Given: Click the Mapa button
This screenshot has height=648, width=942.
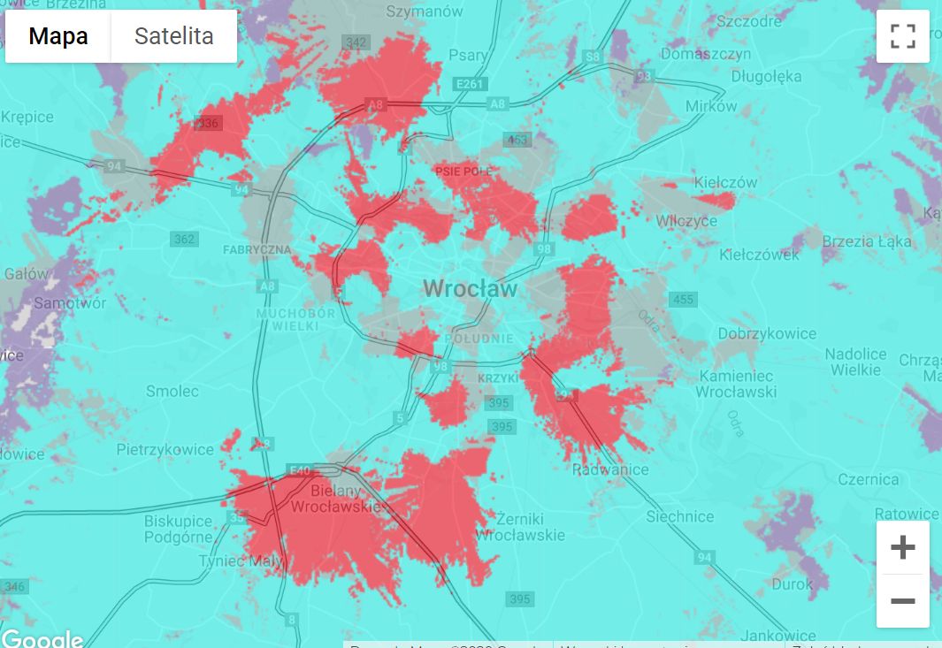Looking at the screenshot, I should (x=58, y=36).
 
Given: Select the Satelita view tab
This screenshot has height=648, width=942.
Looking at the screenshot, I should (x=173, y=36).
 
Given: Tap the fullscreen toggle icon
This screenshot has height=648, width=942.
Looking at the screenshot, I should (x=902, y=36).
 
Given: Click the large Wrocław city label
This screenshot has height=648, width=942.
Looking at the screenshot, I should (x=470, y=288).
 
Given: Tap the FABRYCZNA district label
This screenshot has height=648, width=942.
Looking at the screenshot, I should (x=257, y=250).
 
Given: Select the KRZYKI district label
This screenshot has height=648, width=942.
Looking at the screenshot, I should (x=496, y=378).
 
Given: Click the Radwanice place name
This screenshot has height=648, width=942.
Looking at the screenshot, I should (x=610, y=469).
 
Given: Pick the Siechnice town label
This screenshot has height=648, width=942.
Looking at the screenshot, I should (x=679, y=516).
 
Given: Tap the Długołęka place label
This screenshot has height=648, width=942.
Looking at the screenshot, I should (x=766, y=76).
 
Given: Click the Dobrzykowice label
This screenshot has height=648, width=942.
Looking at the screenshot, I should (x=767, y=333).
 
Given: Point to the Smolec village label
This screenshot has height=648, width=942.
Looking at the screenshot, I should (x=172, y=391).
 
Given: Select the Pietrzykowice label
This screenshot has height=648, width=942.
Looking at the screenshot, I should (x=165, y=450).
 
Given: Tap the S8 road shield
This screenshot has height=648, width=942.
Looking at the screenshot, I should (x=593, y=57).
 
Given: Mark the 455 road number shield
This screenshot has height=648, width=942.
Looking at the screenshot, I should (x=683, y=300).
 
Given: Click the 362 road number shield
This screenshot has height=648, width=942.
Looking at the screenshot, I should (x=184, y=240).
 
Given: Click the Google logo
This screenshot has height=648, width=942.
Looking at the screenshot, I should (x=42, y=639).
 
